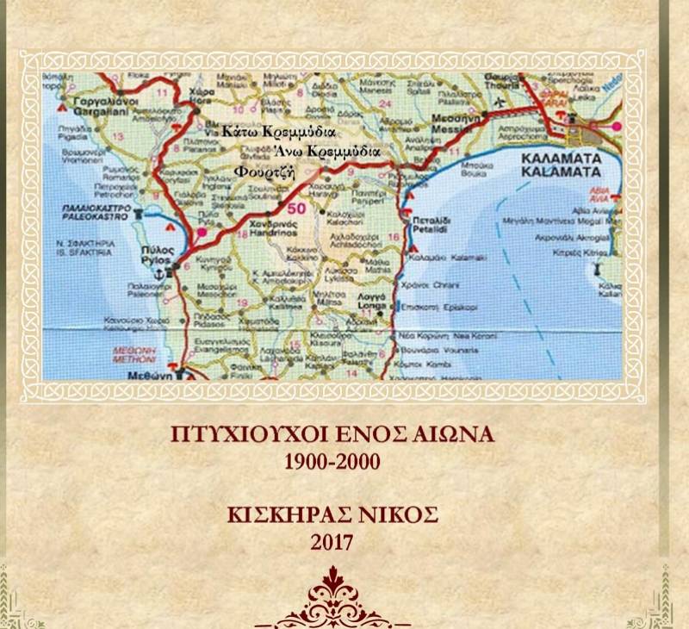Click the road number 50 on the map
tap(295, 207)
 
